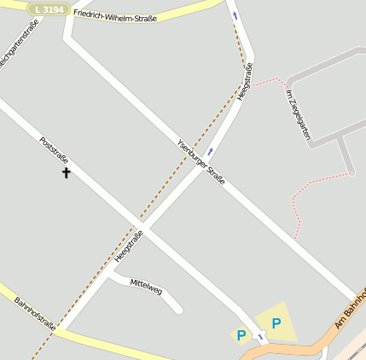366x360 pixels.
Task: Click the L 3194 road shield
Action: [47, 9]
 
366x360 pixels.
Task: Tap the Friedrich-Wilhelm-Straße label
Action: [115, 15]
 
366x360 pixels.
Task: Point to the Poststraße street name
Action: [54, 151]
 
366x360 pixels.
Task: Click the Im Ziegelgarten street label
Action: [298, 114]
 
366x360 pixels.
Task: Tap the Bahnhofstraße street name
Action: [35, 312]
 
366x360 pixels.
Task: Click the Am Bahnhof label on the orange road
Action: [351, 309]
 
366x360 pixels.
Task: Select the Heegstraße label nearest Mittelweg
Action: [128, 245]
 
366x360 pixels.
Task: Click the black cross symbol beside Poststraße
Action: [67, 173]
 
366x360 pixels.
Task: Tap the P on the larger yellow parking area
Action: [276, 322]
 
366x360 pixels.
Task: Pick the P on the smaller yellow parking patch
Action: [241, 335]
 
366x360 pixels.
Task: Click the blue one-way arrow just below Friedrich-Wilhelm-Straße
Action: [235, 15]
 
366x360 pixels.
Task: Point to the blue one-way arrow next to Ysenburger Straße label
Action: [211, 151]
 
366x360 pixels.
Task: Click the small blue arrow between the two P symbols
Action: [260, 338]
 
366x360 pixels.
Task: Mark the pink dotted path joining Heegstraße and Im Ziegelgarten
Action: [268, 81]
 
